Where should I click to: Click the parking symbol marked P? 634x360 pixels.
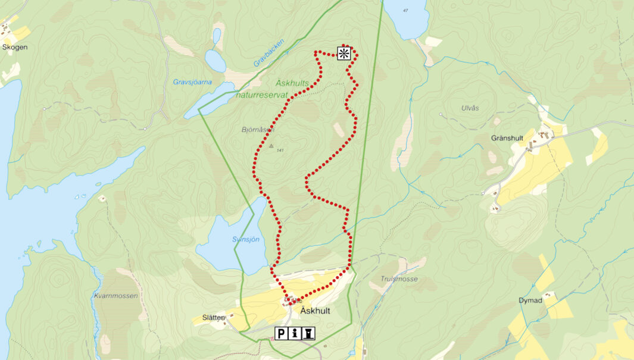tap(281, 334)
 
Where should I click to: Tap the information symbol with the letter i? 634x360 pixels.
tap(295, 334)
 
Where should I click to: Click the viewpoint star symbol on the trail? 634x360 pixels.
tap(344, 54)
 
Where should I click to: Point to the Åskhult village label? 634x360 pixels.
tap(315, 311)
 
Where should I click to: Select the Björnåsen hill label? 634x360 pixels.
tap(258, 129)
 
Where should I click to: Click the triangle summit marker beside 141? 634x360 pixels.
tap(271, 145)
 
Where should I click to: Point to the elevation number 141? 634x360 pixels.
tap(280, 150)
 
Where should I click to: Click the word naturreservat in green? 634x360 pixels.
tap(262, 95)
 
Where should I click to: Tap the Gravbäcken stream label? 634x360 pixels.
tap(269, 52)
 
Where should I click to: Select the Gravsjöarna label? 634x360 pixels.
tap(193, 82)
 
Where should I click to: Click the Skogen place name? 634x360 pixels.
tap(15, 46)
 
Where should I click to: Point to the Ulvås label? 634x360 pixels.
tap(470, 108)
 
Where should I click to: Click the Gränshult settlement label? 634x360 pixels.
tap(507, 138)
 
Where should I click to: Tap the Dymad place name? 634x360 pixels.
tap(530, 300)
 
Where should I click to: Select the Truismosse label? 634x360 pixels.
tap(399, 278)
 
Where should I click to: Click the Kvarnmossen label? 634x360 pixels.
tap(116, 295)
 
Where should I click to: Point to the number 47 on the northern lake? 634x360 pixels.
tap(405, 11)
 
